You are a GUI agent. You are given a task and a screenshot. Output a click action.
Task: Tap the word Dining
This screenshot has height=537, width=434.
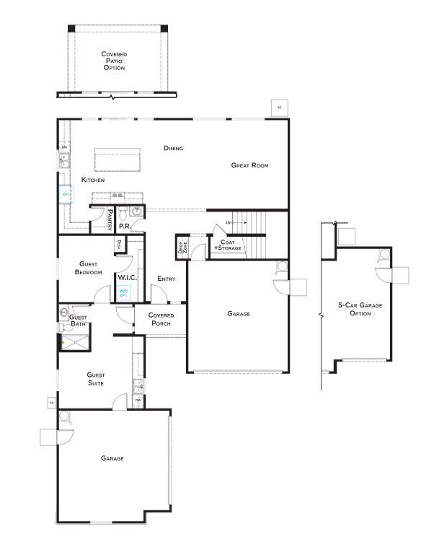173,148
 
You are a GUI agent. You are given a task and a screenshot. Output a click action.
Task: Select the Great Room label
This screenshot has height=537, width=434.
249,165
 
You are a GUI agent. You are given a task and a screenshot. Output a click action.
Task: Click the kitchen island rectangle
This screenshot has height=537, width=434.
118,159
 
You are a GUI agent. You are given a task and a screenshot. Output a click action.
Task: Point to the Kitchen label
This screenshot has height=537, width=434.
93,179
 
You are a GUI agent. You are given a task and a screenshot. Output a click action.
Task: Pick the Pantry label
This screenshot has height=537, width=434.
110,219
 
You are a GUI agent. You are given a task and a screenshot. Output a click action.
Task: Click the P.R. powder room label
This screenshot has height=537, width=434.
124,226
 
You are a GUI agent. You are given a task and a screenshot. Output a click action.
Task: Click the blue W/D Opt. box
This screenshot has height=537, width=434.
123,292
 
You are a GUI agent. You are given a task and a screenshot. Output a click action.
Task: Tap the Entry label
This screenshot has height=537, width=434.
167,279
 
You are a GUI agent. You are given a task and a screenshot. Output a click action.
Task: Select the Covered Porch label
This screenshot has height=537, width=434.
160,319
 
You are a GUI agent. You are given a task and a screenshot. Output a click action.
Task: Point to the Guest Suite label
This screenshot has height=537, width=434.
95,379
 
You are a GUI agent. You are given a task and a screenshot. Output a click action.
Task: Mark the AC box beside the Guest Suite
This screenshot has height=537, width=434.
51,402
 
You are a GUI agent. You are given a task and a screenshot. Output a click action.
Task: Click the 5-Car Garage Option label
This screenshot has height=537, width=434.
360,309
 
